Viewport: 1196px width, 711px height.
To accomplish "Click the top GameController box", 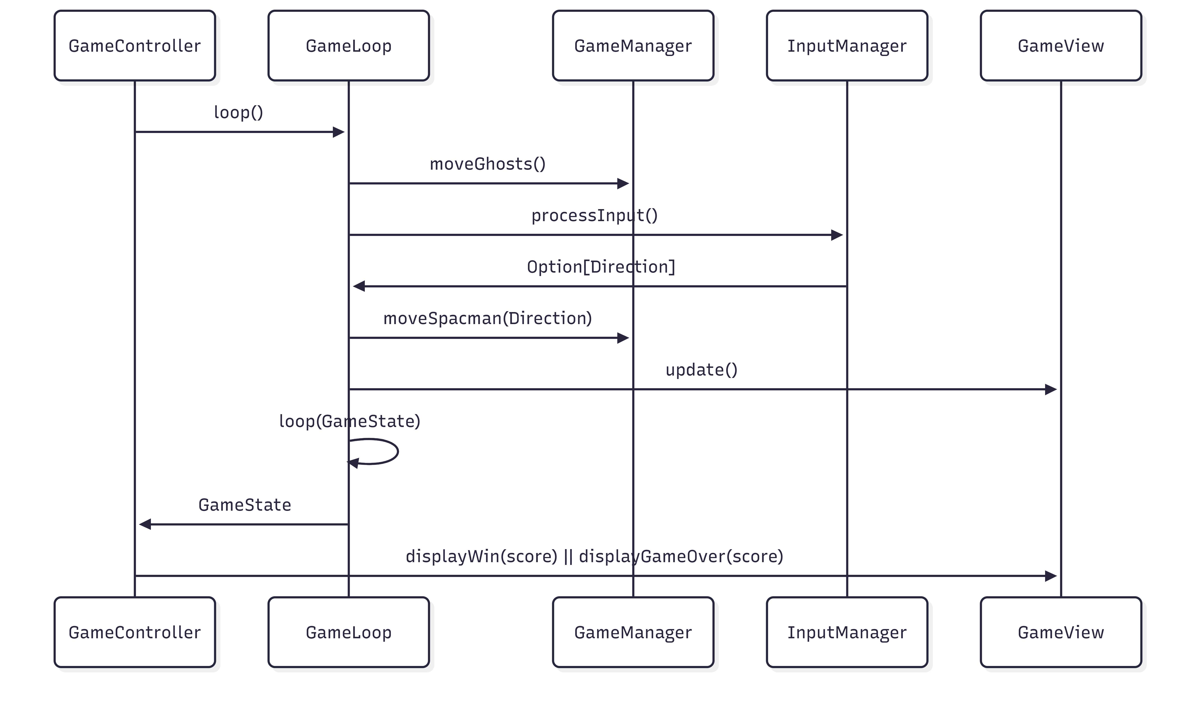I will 135,45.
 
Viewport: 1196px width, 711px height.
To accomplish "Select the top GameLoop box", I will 349,45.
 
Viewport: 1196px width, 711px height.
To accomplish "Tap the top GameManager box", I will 633,45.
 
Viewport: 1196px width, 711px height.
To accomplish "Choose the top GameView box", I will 1061,45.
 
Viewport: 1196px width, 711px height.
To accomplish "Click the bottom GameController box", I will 135,632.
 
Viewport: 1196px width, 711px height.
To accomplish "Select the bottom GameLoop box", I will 349,632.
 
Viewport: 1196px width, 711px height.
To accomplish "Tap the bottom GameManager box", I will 633,632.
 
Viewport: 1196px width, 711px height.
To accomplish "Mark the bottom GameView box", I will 1061,632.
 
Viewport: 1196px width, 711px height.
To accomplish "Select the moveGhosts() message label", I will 487,164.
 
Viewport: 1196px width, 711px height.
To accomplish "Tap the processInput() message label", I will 594,216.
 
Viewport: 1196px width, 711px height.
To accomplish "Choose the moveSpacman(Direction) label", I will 487,318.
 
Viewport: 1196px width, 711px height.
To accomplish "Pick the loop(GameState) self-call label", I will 350,421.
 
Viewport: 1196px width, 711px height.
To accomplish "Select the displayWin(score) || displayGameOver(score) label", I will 594,556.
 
